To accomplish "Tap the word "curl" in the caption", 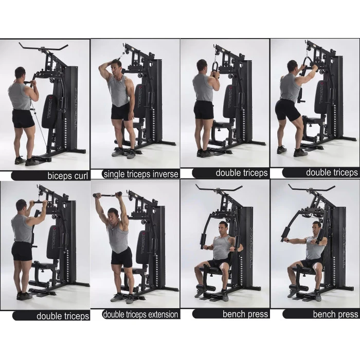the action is [x=81, y=176].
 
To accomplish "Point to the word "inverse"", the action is [x=166, y=174].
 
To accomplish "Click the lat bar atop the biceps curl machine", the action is [x=43, y=47].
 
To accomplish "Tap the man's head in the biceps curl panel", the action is [x=20, y=74].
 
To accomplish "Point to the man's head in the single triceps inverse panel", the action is [x=116, y=66].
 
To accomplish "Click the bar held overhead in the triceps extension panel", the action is [x=107, y=195].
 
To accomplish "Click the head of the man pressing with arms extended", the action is [x=317, y=228].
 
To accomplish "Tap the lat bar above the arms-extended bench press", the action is [x=312, y=189].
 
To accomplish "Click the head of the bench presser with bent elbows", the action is [x=223, y=228].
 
